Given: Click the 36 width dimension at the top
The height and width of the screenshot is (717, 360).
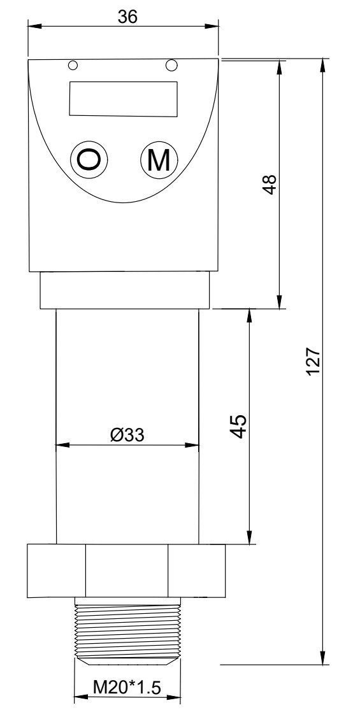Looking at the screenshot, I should click(x=127, y=17).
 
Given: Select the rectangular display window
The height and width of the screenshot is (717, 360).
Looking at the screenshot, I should click(x=123, y=99).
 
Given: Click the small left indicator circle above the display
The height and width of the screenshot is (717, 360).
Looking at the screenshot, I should click(x=73, y=66).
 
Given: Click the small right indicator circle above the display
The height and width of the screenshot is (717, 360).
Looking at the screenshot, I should click(x=170, y=65).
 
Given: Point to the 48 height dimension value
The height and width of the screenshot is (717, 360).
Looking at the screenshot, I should click(x=270, y=184).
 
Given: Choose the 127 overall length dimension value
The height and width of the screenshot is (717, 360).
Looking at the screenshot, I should click(x=312, y=361).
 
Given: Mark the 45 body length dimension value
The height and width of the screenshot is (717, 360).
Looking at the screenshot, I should click(x=238, y=426).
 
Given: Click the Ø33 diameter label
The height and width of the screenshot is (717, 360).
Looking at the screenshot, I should click(x=127, y=434).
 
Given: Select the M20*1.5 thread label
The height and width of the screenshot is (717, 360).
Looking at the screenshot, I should click(x=126, y=687).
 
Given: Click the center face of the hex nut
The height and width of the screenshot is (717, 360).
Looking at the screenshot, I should click(x=127, y=571).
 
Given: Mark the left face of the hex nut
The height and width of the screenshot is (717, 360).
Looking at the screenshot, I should click(x=56, y=571).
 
